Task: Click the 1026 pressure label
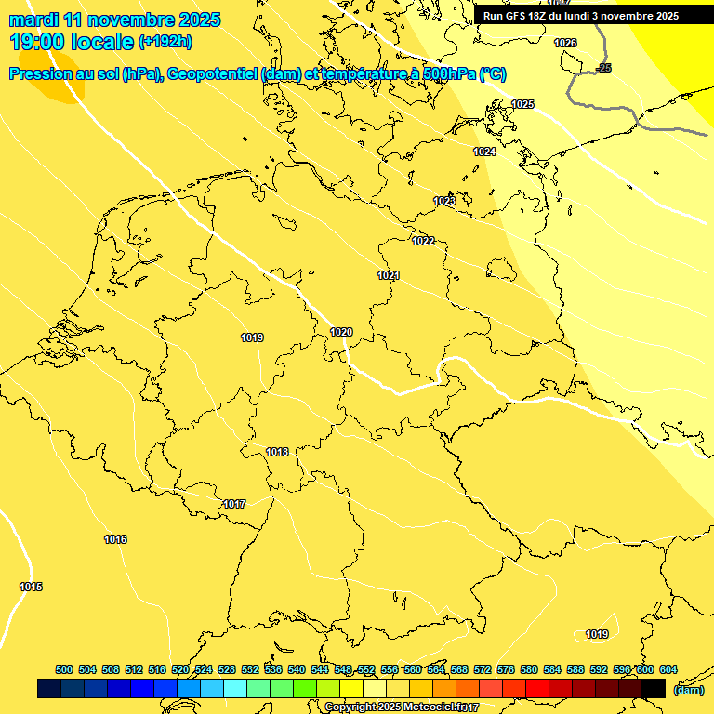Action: click(x=565, y=44)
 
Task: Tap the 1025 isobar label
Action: click(x=522, y=104)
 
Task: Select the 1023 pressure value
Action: click(x=444, y=201)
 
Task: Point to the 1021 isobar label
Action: click(x=389, y=276)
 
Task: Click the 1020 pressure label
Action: click(x=341, y=332)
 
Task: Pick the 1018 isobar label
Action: click(x=277, y=453)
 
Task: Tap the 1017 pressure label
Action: click(x=234, y=504)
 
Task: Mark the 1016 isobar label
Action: click(x=115, y=540)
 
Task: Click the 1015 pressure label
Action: click(x=31, y=587)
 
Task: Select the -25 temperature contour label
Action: click(x=604, y=69)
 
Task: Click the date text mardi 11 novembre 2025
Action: click(x=114, y=20)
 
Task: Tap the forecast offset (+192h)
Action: click(x=165, y=42)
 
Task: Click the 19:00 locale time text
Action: click(x=71, y=42)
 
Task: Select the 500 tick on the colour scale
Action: click(x=64, y=669)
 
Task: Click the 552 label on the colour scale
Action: click(x=366, y=669)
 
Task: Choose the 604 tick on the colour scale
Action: click(x=668, y=669)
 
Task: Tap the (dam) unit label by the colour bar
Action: click(x=688, y=689)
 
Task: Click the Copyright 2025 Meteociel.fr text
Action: click(x=402, y=707)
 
